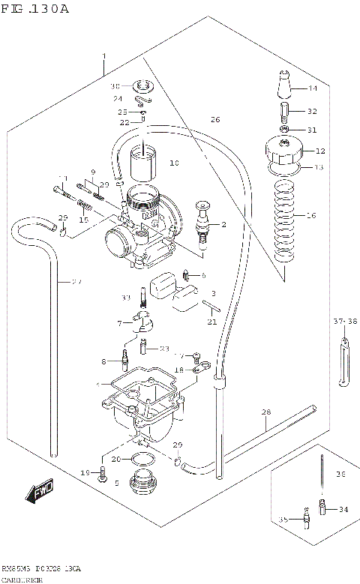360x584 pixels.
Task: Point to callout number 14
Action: pos(312,89)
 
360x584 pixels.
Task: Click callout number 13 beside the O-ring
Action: pos(318,167)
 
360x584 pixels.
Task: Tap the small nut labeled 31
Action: pos(284,130)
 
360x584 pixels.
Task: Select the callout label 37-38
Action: pos(343,321)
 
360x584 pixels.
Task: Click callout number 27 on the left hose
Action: pos(76,283)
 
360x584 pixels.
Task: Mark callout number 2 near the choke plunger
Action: pos(223,225)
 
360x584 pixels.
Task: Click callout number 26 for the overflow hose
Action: pos(215,120)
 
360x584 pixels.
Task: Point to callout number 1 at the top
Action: pos(103,57)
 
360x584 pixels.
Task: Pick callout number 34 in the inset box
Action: pos(343,510)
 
